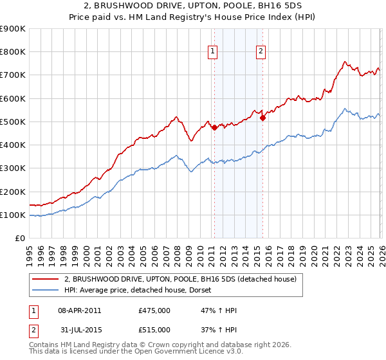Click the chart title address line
(x=193, y=5)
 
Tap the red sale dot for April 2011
(x=214, y=127)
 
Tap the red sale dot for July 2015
(x=262, y=118)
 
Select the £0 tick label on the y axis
(x=19, y=239)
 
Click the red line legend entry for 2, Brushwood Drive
(x=180, y=279)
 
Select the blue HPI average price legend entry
(x=142, y=291)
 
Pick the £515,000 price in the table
(x=154, y=330)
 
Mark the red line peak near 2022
(x=345, y=62)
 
